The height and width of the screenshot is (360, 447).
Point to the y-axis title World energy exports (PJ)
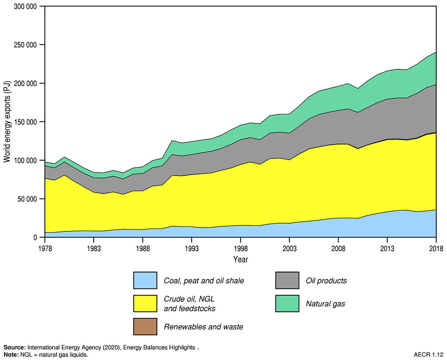coord(7,122)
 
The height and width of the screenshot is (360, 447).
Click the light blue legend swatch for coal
coord(145,281)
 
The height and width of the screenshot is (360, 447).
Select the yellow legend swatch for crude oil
coord(145,303)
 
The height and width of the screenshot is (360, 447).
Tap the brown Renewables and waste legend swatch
coord(145,327)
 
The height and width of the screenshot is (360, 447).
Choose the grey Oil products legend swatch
coord(287,281)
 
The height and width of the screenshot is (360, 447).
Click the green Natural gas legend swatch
coord(287,303)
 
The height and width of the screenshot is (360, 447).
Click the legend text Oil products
coord(326,281)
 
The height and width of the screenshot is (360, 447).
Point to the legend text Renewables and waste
coord(203,327)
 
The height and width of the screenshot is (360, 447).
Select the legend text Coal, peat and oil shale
coord(204,281)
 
